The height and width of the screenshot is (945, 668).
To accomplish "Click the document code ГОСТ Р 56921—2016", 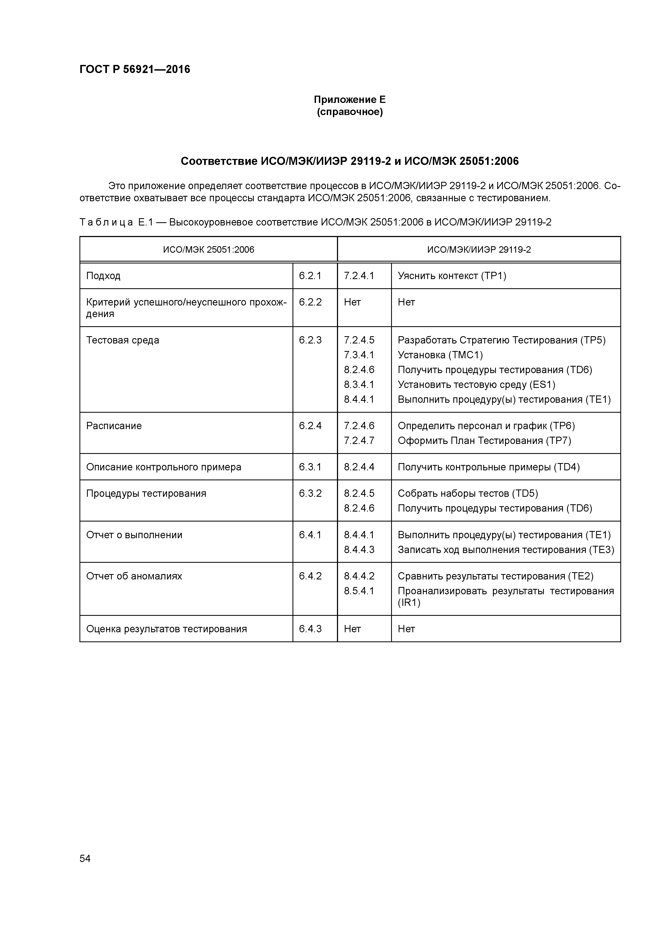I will tap(135, 69).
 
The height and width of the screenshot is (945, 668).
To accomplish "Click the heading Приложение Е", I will tap(349, 100).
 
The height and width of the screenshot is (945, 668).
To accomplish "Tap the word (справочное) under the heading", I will tap(349, 112).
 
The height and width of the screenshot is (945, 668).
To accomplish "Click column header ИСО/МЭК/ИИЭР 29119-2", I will tap(479, 249).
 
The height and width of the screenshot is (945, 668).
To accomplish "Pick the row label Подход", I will tap(103, 276).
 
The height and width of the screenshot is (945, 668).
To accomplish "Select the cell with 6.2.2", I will tap(310, 302).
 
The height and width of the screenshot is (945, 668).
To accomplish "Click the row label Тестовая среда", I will tap(123, 340).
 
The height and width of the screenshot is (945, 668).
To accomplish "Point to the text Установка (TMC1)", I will tap(440, 355).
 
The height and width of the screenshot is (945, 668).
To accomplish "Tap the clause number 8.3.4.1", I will tap(359, 384).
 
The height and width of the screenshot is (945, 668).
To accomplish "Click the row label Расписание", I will tap(114, 426).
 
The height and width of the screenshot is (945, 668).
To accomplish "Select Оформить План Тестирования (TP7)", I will tap(484, 440).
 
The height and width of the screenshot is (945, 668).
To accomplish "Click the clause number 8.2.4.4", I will tap(359, 467).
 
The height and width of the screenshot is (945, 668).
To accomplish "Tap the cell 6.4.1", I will tap(310, 535).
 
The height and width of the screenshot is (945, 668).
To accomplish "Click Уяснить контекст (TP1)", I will tap(451, 276).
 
